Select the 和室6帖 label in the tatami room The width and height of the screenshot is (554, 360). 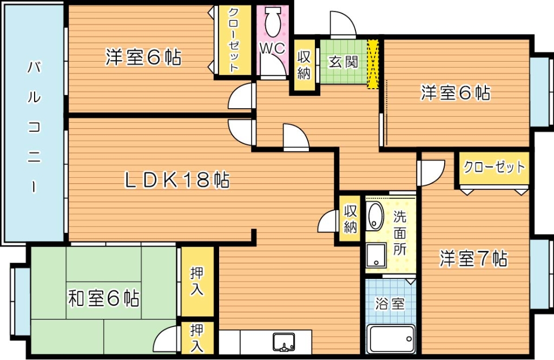click(x=103, y=298)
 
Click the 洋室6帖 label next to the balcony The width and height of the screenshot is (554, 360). click(x=143, y=57)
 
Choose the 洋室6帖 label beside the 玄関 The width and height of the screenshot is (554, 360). click(x=456, y=93)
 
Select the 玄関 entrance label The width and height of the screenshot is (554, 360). click(x=344, y=62)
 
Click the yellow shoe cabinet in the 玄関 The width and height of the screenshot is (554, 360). click(x=373, y=63)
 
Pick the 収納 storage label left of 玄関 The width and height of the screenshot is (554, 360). click(x=304, y=64)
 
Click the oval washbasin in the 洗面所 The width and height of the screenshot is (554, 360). click(x=374, y=217)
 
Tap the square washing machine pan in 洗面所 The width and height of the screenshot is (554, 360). click(x=375, y=256)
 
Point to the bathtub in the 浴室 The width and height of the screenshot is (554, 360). click(x=391, y=338)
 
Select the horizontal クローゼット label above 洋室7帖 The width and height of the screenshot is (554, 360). click(x=493, y=167)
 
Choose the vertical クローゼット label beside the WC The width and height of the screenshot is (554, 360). click(x=234, y=40)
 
